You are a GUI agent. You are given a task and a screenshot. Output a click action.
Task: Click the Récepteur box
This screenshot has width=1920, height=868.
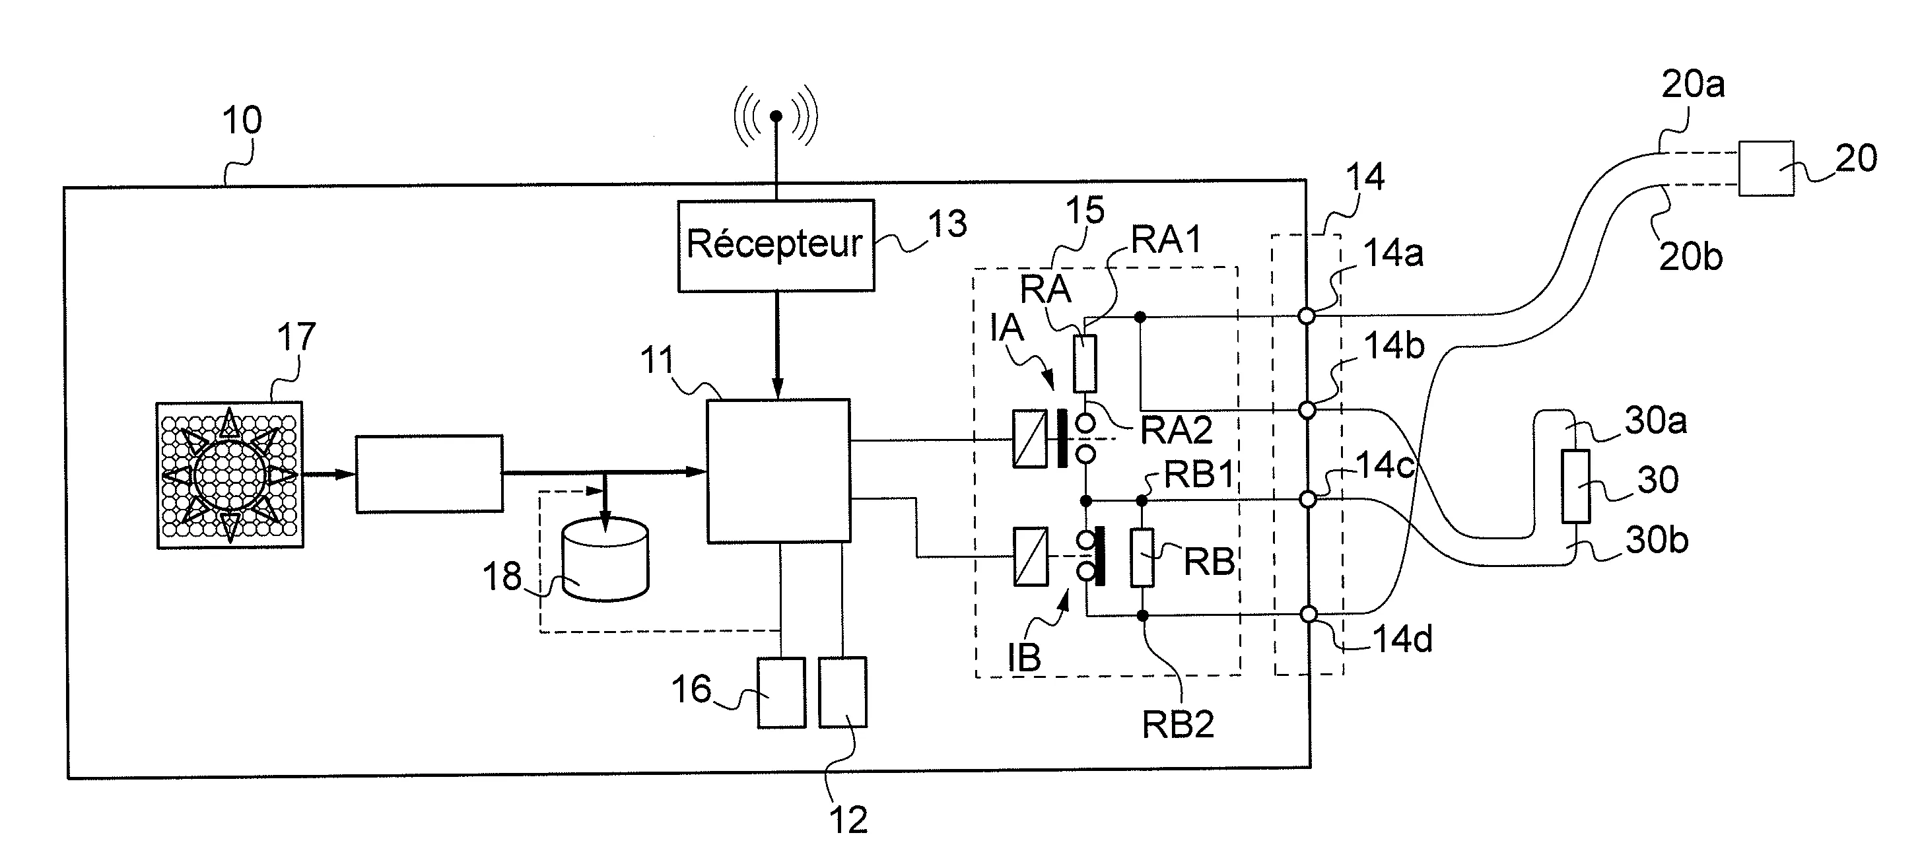click(775, 245)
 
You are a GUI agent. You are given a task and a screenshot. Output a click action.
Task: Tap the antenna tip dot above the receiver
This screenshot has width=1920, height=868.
click(776, 116)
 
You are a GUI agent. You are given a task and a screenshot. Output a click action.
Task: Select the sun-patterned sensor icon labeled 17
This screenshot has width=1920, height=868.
click(230, 475)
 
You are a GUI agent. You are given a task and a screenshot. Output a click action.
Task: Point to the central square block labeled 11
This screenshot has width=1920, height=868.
click(778, 471)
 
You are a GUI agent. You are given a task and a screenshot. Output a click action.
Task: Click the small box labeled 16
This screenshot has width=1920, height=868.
click(781, 692)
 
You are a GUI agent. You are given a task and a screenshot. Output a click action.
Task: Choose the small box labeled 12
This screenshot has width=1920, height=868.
click(842, 692)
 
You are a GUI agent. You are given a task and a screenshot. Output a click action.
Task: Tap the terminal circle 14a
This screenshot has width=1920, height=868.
click(1306, 316)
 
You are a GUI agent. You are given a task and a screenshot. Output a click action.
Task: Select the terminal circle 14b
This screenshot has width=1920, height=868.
click(1307, 410)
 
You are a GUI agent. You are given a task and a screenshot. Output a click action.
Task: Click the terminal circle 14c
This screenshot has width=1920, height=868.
click(1307, 499)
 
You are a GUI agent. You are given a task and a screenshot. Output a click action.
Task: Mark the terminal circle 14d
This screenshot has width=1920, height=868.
click(1308, 614)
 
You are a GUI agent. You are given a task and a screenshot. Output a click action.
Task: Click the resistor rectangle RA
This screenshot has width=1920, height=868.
click(1085, 364)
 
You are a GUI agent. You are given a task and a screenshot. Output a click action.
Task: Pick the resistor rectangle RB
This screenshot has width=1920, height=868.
click(1142, 557)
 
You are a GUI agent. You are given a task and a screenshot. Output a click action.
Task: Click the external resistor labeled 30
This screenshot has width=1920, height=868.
click(1575, 486)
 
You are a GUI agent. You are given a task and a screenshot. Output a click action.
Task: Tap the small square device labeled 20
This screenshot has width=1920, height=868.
click(1766, 169)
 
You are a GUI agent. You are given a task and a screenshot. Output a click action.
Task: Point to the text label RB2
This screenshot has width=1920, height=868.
click(1178, 724)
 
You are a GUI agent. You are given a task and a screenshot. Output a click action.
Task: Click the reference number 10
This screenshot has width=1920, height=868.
click(242, 121)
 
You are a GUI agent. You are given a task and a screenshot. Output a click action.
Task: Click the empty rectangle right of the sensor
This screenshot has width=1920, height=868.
click(429, 474)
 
